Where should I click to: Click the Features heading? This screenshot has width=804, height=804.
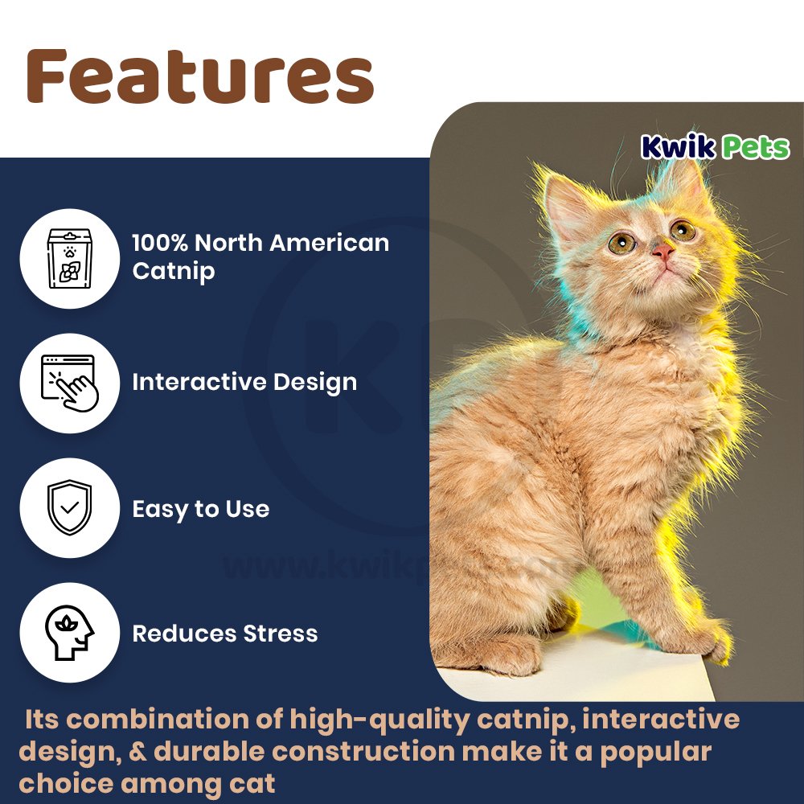(x=200, y=76)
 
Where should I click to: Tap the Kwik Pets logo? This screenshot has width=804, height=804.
(x=715, y=147)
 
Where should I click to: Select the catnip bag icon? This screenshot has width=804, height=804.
(x=69, y=257)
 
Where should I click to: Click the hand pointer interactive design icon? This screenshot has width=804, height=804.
(x=69, y=383)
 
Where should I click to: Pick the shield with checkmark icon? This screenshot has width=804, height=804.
(x=69, y=508)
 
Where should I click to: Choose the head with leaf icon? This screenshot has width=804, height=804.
(x=69, y=633)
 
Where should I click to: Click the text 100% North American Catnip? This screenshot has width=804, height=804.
(x=260, y=256)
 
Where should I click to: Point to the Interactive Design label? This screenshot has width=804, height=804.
(x=244, y=382)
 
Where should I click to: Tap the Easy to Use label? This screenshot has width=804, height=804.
(x=200, y=509)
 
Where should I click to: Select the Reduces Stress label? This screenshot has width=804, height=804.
(x=224, y=634)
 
